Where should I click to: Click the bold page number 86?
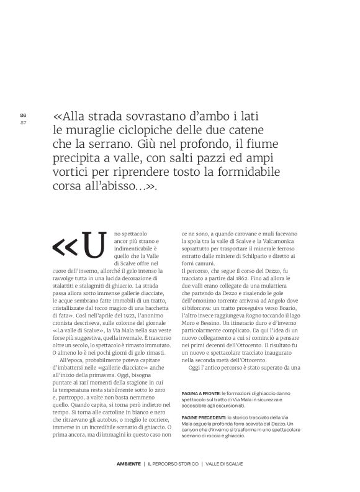coord(23,115)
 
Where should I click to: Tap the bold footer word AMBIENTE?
coord(128,463)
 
